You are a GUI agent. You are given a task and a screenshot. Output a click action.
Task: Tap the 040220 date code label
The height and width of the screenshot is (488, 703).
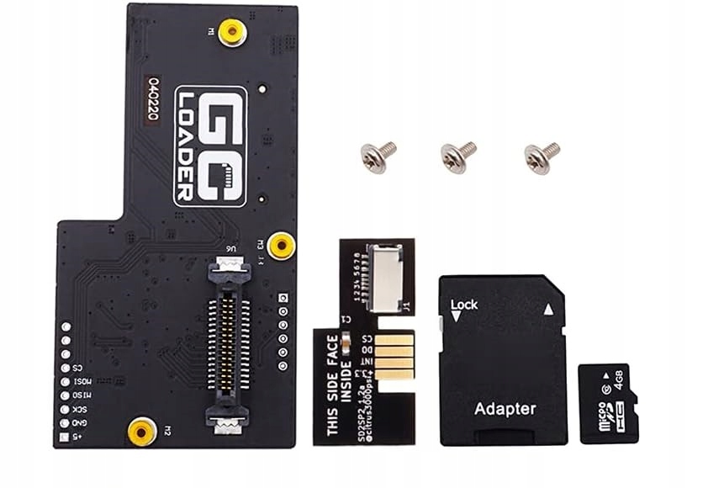tap(152, 99)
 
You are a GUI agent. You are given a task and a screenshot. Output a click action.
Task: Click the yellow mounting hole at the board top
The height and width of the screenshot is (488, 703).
tap(232, 32)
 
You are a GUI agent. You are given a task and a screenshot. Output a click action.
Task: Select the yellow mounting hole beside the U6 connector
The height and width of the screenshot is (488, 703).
tap(282, 246)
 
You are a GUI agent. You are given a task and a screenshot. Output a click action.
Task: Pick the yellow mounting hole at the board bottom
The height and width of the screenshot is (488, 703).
tap(141, 432)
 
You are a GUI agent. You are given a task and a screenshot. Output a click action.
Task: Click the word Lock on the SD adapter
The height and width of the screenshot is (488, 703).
tap(465, 304)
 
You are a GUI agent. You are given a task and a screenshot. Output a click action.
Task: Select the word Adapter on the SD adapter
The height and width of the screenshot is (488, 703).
tap(505, 409)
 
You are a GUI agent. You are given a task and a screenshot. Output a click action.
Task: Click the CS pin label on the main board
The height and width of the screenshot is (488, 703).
tap(77, 367)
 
